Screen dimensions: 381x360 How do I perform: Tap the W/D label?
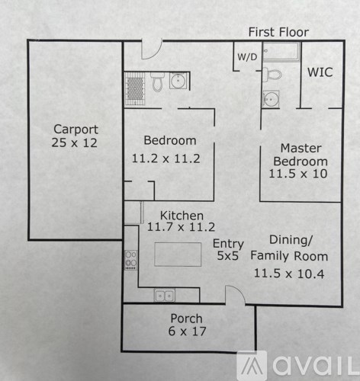pyautogui.click(x=246, y=57)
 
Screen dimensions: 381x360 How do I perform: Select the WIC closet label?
pyautogui.click(x=320, y=73)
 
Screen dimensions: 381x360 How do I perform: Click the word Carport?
pyautogui.click(x=75, y=129)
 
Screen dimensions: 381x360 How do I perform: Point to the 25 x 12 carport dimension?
pyautogui.click(x=75, y=142)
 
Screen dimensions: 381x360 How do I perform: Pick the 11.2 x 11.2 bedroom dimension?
pyautogui.click(x=170, y=158)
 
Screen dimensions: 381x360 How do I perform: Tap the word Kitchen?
pyautogui.click(x=181, y=215)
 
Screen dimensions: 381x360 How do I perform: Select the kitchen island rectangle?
pyautogui.click(x=178, y=254)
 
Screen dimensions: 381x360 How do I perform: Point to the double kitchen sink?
pyautogui.click(x=164, y=296)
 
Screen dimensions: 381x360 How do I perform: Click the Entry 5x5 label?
pyautogui.click(x=227, y=249)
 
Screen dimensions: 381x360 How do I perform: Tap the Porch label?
pyautogui.click(x=185, y=318)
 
